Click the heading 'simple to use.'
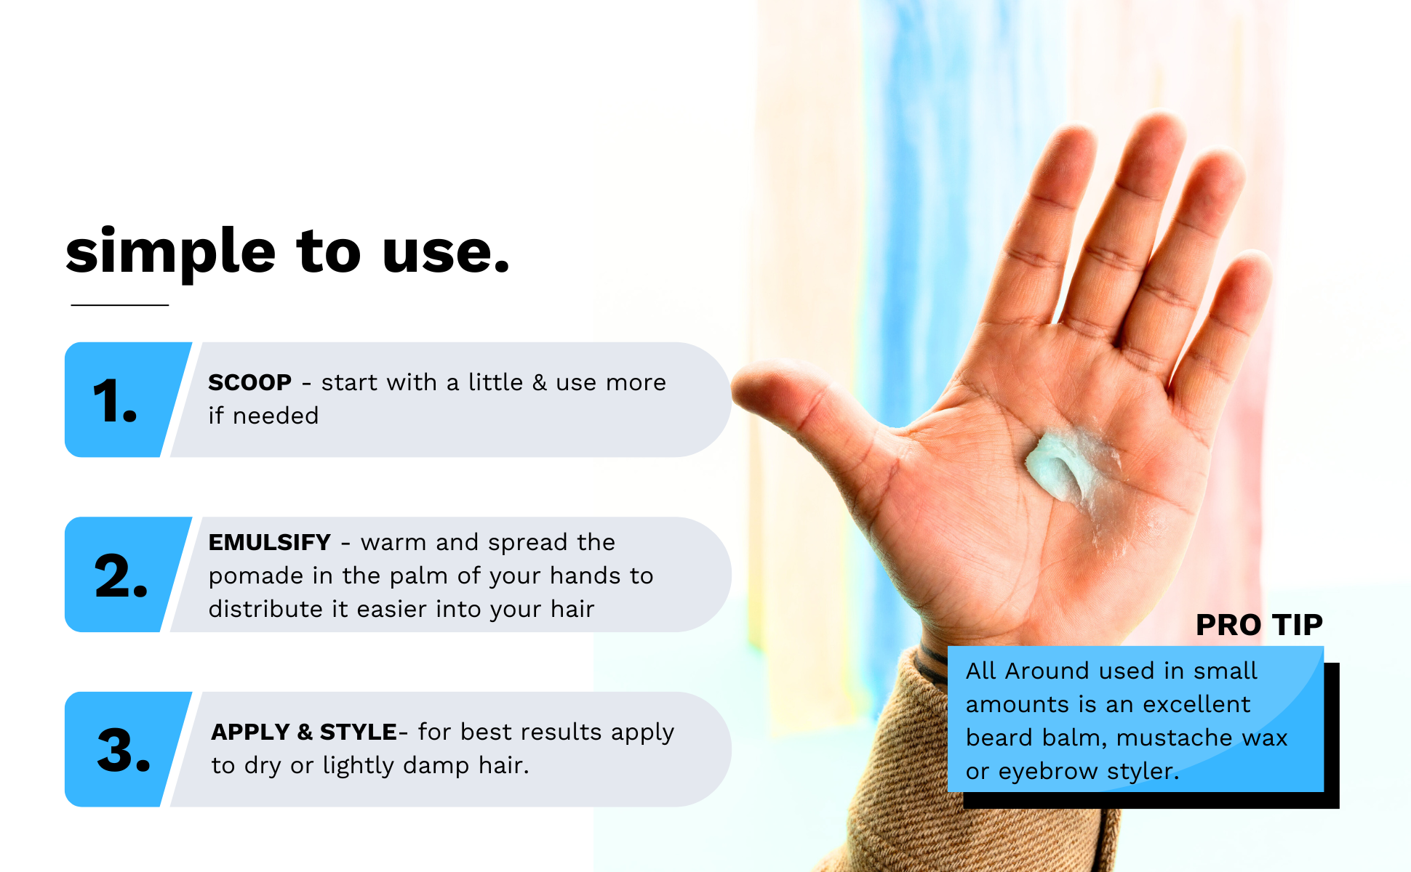tap(287, 251)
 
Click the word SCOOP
tap(249, 382)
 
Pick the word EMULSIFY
tap(269, 542)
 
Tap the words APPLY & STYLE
tap(304, 732)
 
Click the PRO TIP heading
tap(1259, 625)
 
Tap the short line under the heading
tap(120, 305)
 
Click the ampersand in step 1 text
tap(539, 382)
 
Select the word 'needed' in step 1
tap(276, 416)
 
